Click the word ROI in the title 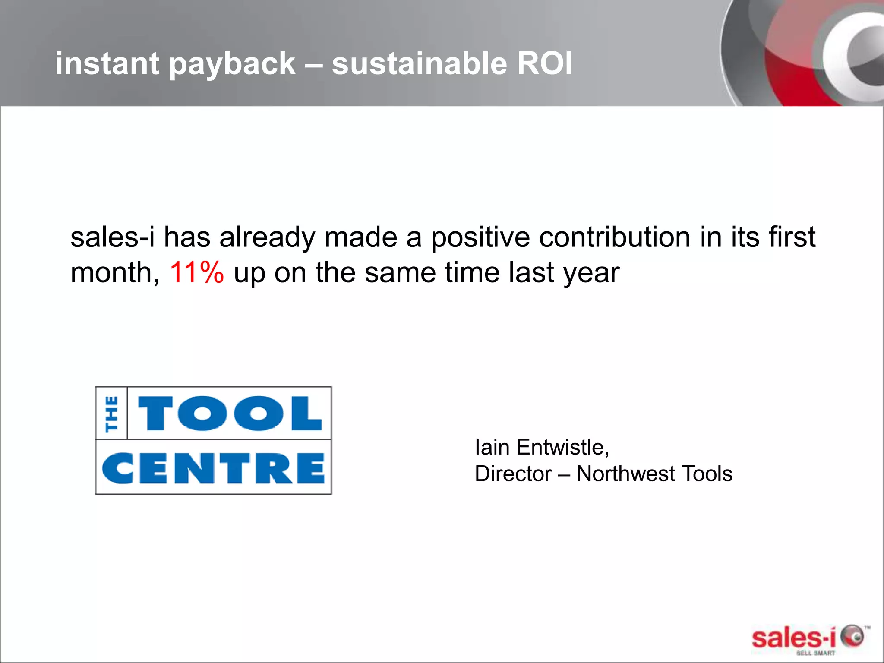544,64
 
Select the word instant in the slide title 107,64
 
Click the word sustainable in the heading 419,64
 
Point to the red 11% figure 197,272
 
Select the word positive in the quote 480,238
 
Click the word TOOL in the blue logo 230,414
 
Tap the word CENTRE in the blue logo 213,469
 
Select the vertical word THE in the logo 111,414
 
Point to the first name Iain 492,447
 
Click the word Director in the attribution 513,474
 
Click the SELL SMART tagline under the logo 815,653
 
